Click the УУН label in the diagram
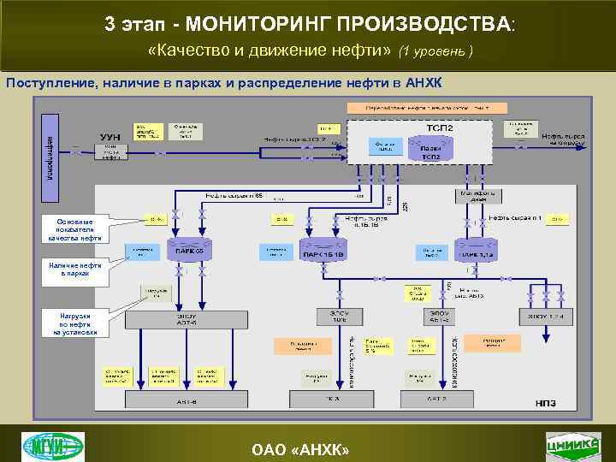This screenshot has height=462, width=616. point(110,136)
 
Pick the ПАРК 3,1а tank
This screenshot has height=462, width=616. point(472,253)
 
